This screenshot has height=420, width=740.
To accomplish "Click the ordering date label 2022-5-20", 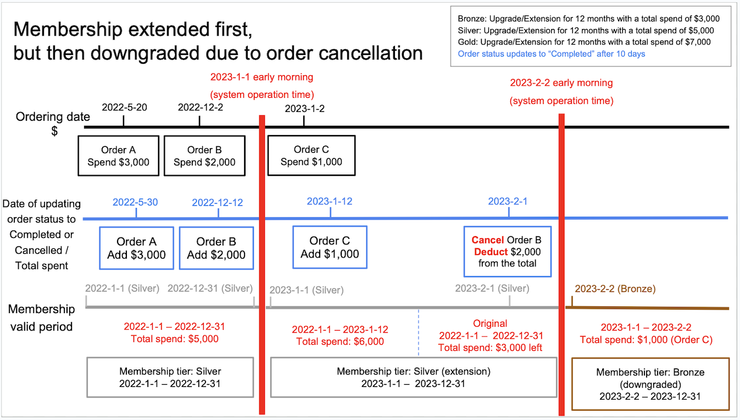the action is click(x=124, y=107).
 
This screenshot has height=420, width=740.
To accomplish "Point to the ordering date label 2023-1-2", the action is click(x=304, y=109).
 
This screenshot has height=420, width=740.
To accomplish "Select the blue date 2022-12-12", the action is click(x=218, y=203).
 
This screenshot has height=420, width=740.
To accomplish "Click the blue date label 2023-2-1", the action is click(x=508, y=201).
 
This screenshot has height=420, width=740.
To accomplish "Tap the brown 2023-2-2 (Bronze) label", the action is click(x=615, y=289).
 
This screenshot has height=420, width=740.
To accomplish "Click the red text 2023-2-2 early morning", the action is click(x=561, y=83).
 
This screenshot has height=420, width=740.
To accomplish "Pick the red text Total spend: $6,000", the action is click(x=340, y=341).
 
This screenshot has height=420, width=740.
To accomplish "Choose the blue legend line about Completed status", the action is click(x=552, y=54).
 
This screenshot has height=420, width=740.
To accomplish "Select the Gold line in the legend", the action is click(x=584, y=42).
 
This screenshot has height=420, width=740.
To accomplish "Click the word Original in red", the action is click(x=490, y=323).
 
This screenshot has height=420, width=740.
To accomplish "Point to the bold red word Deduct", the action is click(x=491, y=252).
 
